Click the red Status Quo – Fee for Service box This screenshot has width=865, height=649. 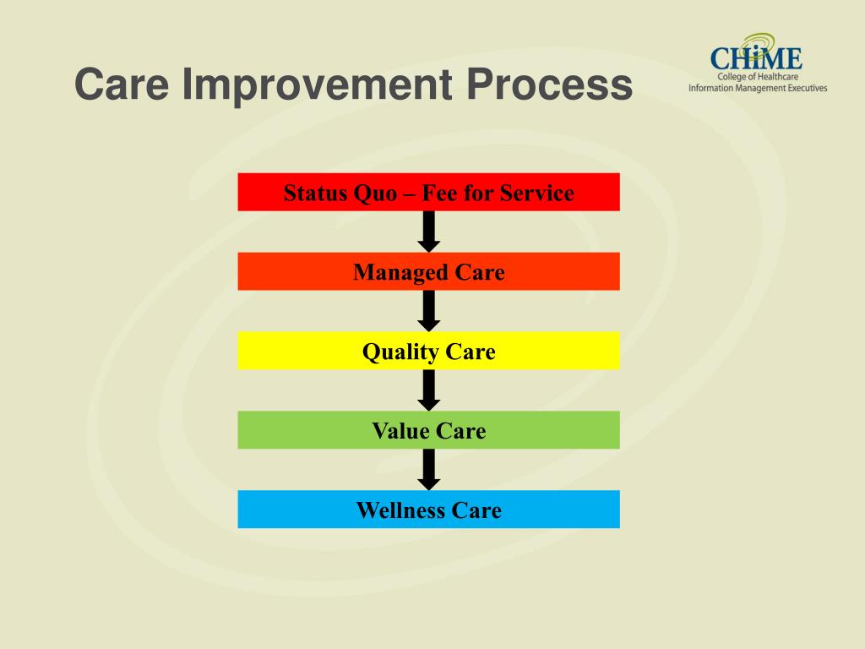point(428,192)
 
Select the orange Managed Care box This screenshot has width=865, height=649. point(428,271)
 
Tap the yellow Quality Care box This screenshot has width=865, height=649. point(428,351)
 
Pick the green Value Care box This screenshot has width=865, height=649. point(428,430)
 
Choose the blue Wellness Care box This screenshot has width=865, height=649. point(428,510)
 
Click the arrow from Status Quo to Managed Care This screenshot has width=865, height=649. point(429,232)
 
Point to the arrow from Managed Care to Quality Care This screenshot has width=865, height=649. point(429,311)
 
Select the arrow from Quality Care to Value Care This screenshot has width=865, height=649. point(429,390)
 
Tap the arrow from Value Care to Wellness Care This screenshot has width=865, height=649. point(429,470)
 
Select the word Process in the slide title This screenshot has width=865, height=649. point(550,85)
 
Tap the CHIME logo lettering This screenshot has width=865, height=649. point(756,59)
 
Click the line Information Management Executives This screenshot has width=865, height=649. point(758,88)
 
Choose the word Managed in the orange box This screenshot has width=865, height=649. point(401,272)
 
